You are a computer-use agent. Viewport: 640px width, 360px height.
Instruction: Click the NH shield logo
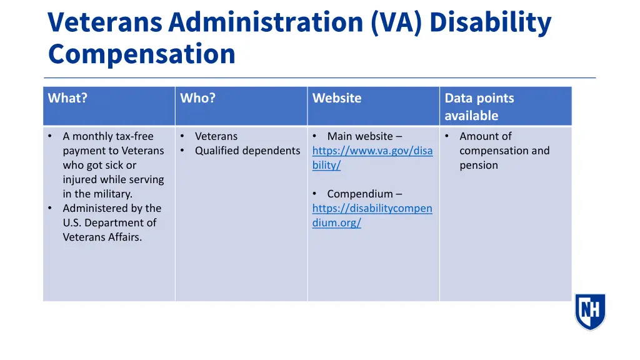tap(590, 311)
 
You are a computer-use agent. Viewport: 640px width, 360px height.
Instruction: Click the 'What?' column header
tap(67, 98)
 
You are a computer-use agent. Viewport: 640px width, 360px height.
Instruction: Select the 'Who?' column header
tap(197, 98)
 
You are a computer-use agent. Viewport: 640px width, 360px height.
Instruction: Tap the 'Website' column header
tap(337, 98)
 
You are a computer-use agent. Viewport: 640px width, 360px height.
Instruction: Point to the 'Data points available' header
tap(479, 106)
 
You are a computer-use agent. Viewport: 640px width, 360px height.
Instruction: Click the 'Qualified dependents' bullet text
tap(247, 151)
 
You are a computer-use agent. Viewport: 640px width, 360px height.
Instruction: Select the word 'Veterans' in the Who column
tap(216, 136)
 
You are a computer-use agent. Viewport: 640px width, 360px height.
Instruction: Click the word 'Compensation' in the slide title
tap(142, 54)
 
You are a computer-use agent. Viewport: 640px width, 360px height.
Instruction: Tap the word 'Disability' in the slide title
tap(491, 22)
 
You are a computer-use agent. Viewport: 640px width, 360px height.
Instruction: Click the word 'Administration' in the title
tap(266, 22)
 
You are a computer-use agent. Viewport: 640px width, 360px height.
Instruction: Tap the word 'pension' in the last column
tap(479, 165)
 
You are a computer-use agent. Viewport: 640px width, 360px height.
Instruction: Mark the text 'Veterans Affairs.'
tap(102, 237)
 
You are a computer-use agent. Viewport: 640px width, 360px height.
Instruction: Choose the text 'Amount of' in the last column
tap(486, 136)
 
